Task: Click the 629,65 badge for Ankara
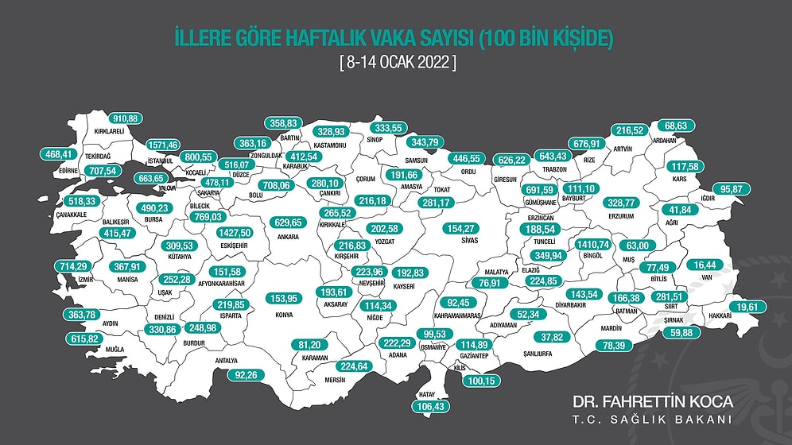click(289, 222)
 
